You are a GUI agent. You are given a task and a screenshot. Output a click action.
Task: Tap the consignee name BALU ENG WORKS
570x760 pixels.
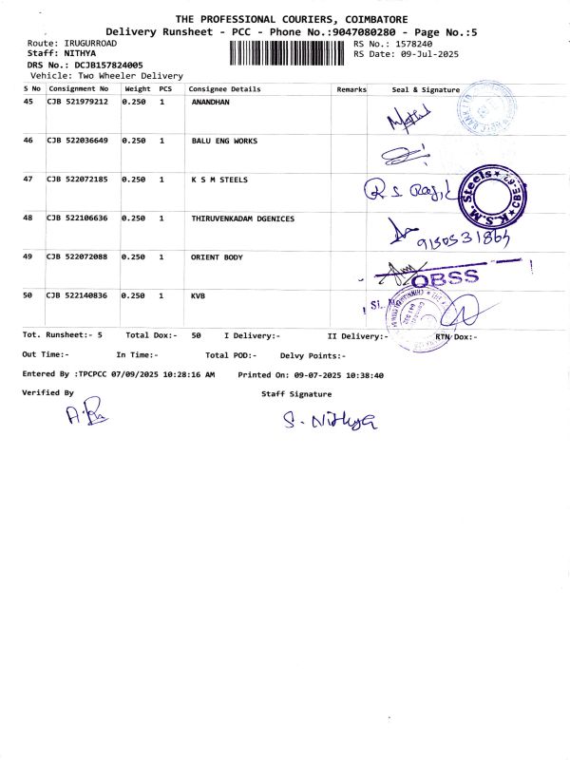pyautogui.click(x=224, y=141)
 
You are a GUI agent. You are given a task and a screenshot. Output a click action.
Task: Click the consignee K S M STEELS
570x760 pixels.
pyautogui.click(x=219, y=179)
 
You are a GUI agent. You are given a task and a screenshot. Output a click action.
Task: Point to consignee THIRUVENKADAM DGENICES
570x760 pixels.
pyautogui.click(x=243, y=218)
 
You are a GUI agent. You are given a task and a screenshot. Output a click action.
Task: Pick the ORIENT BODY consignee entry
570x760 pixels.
pyautogui.click(x=218, y=257)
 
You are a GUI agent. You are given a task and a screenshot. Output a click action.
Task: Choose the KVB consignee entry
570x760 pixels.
pyautogui.click(x=199, y=296)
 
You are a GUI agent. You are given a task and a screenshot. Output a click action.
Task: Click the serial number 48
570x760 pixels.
pyautogui.click(x=28, y=218)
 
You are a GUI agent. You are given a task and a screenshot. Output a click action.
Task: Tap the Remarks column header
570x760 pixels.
pyautogui.click(x=351, y=88)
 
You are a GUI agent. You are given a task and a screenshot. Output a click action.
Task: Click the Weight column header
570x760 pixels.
pyautogui.click(x=138, y=88)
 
